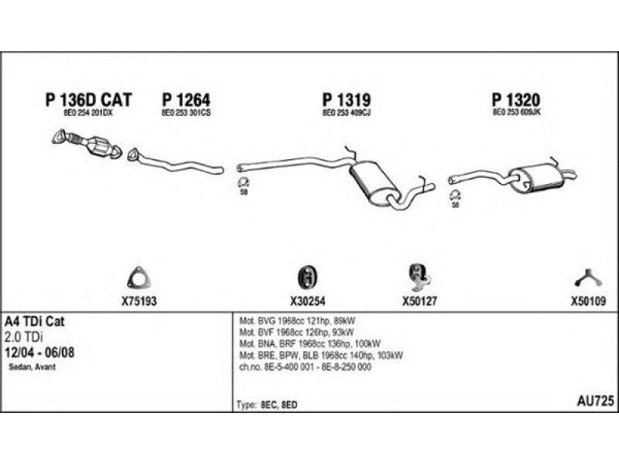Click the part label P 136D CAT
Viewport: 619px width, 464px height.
pyautogui.click(x=89, y=100)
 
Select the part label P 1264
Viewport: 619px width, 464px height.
pyautogui.click(x=186, y=100)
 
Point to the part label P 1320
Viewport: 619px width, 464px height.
pyautogui.click(x=515, y=100)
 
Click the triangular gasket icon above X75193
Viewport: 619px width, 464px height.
pyautogui.click(x=139, y=278)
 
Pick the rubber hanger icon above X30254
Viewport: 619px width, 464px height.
pyautogui.click(x=308, y=277)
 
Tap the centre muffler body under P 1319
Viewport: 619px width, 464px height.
pyautogui.click(x=374, y=183)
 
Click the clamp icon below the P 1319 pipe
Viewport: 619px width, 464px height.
pyautogui.click(x=243, y=183)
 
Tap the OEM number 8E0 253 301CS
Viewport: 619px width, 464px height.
pyautogui.click(x=186, y=113)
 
